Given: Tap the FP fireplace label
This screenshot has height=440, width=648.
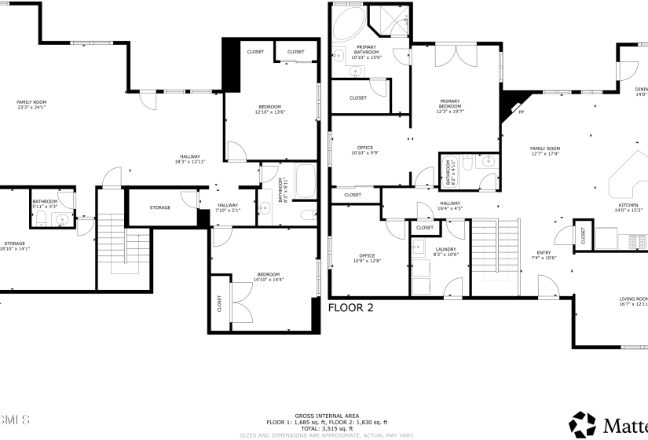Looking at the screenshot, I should [521, 112].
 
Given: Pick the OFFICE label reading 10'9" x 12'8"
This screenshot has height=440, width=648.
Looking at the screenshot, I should [366, 258].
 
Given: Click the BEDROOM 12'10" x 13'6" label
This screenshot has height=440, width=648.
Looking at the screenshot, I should [269, 109].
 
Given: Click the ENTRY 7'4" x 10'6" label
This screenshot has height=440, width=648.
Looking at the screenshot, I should [544, 255].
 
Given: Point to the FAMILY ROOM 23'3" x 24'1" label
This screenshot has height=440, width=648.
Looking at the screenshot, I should [32, 104].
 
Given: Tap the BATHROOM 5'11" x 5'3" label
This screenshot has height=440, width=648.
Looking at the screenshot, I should [45, 203].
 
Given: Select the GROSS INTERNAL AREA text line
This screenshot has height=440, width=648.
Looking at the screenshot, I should [327, 415].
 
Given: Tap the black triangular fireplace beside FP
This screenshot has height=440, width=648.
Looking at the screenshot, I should [511, 101].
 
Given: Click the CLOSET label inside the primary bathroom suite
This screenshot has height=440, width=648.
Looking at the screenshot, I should [358, 98].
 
